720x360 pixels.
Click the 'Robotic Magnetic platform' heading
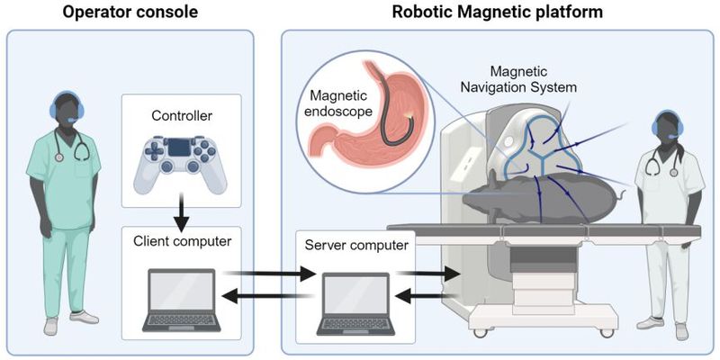click(498, 13)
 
